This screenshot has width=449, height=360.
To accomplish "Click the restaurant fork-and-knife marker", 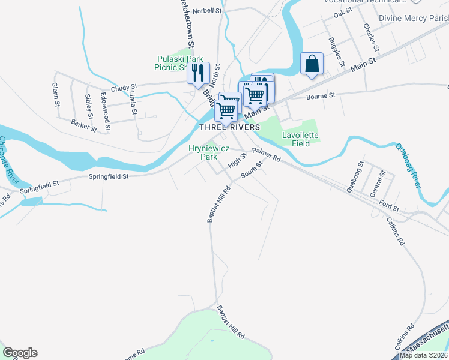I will pos(198,73).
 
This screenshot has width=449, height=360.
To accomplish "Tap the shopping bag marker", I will pos(312,63).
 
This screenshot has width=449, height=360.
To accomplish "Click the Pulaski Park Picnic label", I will pos(177,62).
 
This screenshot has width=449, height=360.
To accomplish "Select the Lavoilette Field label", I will pos(300,139).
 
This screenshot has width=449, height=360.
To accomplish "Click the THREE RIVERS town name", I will pos(230,127).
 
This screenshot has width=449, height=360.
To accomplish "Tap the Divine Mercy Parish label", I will pos(414,18).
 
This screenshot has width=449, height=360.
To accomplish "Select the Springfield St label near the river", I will pos(109,177).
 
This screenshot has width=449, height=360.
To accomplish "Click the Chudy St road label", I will pos(124,87).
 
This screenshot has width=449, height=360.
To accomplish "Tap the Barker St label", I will pos(83,125).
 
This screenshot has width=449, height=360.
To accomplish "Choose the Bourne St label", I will pos(321,95).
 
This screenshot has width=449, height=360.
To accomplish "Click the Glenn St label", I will pos(56,95).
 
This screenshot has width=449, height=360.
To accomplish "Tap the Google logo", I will pos(20,353).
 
